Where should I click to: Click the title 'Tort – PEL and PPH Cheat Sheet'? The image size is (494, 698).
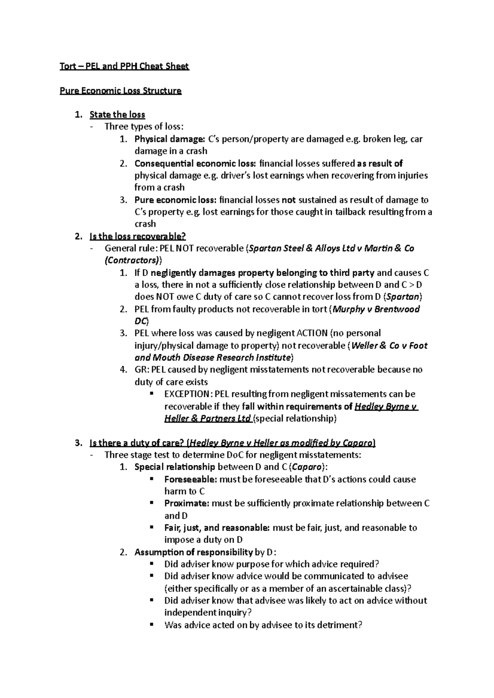124,66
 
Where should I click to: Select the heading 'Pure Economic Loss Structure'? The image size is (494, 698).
121,90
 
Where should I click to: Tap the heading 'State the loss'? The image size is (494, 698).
117,115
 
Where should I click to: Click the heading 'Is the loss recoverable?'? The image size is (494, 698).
137,236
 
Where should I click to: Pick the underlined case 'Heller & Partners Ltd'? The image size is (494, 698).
207,418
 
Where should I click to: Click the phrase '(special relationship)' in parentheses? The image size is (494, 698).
295,418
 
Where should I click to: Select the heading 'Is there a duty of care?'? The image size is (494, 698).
137,443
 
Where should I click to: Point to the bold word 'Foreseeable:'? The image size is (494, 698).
191,479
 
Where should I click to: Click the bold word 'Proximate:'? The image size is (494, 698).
187,504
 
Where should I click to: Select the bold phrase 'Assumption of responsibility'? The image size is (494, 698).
193,552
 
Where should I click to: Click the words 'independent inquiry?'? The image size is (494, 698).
207,613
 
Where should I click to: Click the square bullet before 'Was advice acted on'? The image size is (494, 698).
152,625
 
